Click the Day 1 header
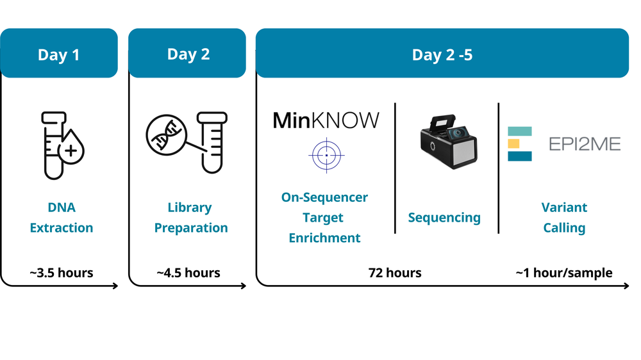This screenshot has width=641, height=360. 59,54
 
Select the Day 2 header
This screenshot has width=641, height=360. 188,54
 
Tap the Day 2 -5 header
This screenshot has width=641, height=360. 442,54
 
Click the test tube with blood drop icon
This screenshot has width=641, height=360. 61,145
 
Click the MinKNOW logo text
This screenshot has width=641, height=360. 326,120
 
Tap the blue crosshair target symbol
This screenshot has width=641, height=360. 326,155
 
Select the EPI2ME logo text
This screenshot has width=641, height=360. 585,144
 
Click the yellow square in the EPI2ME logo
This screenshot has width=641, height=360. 514,143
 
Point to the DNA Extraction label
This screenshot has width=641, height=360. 62,218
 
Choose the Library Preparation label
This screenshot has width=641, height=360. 190,218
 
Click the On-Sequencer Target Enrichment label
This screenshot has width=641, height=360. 325,218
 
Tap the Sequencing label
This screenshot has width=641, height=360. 444,218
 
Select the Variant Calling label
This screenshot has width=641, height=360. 564,218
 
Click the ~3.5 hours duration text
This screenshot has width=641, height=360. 62,273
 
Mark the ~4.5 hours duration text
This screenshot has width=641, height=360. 188,273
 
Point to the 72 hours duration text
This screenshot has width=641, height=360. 395,273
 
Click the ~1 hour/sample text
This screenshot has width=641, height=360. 564,273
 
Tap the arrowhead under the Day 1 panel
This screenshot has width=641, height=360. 115,286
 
